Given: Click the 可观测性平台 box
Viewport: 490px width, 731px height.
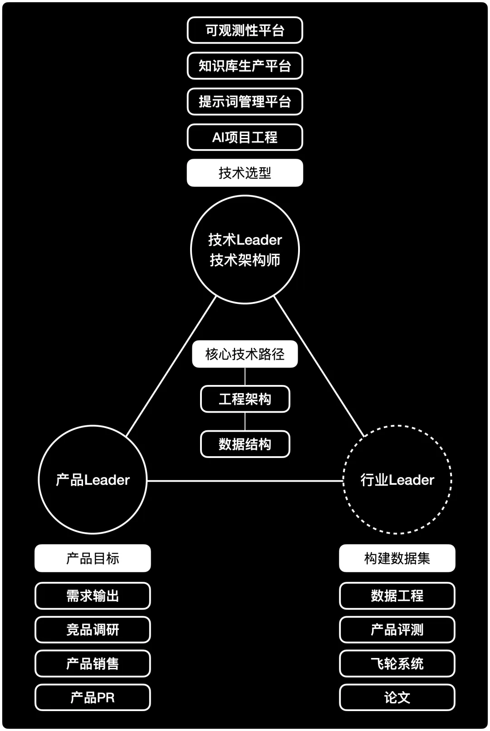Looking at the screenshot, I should [x=245, y=30].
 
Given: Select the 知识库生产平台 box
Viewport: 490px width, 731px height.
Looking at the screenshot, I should [x=245, y=66].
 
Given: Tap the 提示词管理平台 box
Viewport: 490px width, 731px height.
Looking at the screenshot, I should [x=245, y=102].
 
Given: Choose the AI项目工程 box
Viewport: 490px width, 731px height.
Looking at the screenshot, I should [x=245, y=137].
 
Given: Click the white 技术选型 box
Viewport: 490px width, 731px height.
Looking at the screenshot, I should [x=245, y=173].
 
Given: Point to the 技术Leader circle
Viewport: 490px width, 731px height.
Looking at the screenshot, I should [x=245, y=249].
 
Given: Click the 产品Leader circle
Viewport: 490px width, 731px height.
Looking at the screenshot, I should [x=93, y=480].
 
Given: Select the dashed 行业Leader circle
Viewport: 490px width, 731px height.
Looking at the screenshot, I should [x=397, y=480].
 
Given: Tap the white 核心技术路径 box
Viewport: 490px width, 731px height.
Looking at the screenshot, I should [x=245, y=354].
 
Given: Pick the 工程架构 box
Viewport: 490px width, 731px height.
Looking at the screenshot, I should [x=245, y=399].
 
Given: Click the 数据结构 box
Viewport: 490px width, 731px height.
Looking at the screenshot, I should [x=245, y=444].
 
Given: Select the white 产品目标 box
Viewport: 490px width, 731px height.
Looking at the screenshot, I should [x=93, y=558].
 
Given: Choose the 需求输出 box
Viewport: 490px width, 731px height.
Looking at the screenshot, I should [x=93, y=596].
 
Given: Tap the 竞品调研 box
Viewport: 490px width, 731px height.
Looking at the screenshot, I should [x=93, y=630].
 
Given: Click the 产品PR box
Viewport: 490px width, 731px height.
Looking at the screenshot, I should [x=93, y=697].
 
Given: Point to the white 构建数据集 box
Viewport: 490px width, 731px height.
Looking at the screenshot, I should [x=397, y=558].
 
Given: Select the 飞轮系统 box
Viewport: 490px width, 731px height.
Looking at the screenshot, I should [x=397, y=664].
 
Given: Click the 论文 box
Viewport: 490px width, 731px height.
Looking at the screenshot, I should [x=397, y=697].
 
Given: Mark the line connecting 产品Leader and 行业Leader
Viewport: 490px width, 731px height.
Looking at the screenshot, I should [x=245, y=481].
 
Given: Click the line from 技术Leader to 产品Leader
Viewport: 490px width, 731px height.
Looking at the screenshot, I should [x=171, y=366].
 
